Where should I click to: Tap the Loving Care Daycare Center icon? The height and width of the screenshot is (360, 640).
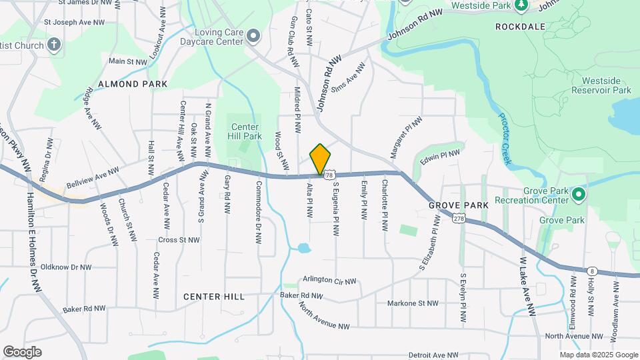coord(253,35)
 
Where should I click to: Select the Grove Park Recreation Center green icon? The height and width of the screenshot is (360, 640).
coord(578,195)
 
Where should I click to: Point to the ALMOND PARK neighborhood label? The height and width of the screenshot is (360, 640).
coord(133,84)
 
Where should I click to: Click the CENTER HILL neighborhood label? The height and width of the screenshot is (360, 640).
coord(213,296)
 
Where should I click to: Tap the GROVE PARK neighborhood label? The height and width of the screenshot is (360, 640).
coord(459,205)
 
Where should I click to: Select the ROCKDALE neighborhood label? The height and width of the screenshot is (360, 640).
coord(521,27)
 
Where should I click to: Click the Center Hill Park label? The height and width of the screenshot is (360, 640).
coord(245,131)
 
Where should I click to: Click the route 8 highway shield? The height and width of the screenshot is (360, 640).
coord(591,271)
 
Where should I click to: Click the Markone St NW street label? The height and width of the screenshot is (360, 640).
coord(413,303)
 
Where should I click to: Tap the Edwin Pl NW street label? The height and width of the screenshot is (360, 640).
coord(440,157)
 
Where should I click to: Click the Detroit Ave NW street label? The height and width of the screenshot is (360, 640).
coord(434,355)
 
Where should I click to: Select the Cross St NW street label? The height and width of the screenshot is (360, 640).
coord(179,240)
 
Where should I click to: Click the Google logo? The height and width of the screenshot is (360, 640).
coord(23,352)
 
